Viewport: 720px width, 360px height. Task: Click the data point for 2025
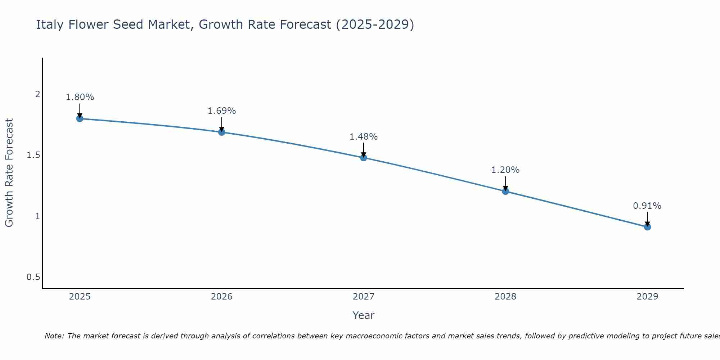point(80,118)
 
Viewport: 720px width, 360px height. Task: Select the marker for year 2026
point(221,132)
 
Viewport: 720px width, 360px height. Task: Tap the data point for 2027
point(364,158)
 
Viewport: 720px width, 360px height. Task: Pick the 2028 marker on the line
point(505,191)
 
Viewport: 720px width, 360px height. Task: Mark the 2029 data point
point(647,227)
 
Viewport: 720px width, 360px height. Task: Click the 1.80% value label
point(80,97)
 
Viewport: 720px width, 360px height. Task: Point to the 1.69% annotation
point(221,111)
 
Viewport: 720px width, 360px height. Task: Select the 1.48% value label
point(364,137)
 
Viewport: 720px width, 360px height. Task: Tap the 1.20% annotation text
point(505,170)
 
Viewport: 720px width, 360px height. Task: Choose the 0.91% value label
point(647,206)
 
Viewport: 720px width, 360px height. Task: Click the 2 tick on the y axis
point(37,94)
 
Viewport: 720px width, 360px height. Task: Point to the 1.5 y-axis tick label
point(33,155)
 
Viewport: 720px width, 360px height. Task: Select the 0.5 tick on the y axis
point(33,277)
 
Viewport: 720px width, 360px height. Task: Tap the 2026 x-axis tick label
point(221,297)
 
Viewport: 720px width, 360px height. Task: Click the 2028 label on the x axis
point(505,297)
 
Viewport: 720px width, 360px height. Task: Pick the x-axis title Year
point(364,315)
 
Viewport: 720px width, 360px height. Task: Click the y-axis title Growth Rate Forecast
point(9,173)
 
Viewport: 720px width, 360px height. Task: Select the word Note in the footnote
point(54,336)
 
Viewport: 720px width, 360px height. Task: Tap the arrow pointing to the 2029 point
point(647,219)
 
